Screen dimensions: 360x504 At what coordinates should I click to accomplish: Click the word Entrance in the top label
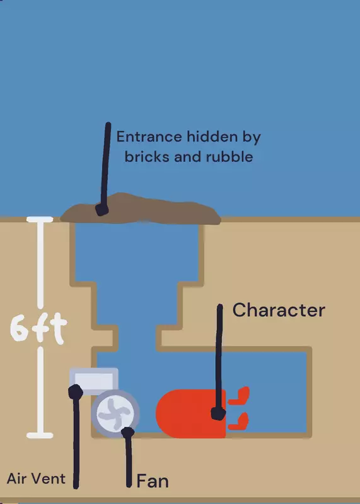tap(149, 137)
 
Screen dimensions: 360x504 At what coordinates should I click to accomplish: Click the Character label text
tap(279, 310)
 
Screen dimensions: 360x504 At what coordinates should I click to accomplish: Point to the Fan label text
tap(153, 481)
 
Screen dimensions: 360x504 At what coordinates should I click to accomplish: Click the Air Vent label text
tap(36, 479)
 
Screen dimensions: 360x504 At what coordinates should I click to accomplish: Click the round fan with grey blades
tap(115, 414)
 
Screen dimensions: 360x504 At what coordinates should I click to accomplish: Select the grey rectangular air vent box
tap(93, 381)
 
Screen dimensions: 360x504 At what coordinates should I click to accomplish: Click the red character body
tap(191, 414)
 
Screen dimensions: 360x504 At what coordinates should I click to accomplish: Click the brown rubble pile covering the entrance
tap(140, 209)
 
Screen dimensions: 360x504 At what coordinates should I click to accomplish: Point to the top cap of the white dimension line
tap(40, 219)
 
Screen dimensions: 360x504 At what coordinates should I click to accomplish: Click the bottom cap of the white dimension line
tap(40, 435)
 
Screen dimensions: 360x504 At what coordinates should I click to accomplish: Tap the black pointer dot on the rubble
tap(102, 210)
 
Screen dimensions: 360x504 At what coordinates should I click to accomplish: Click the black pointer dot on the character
tap(218, 414)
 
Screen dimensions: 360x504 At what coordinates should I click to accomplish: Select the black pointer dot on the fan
tap(128, 432)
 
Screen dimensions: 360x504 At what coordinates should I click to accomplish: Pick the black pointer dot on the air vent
tap(76, 392)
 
